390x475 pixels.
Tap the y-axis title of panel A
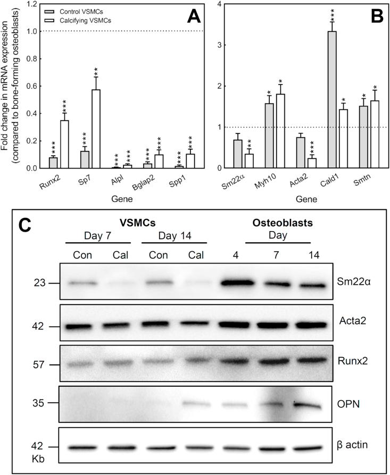[x=8, y=85]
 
